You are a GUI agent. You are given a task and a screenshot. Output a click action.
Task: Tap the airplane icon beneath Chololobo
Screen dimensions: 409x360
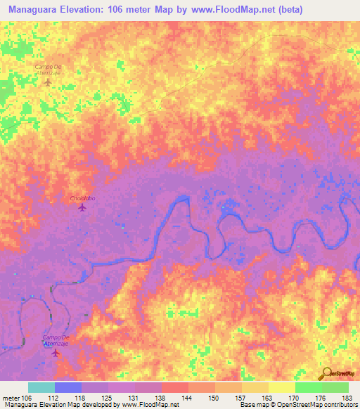tap(82, 207)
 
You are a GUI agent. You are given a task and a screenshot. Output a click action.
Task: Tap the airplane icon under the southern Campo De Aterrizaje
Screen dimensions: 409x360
tap(57, 352)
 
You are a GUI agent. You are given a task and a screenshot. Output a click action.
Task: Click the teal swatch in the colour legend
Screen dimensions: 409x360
tap(41, 387)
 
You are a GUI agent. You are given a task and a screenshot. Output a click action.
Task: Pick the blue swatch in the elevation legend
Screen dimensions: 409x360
tap(68, 387)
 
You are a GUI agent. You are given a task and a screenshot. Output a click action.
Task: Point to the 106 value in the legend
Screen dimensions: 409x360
tap(27, 397)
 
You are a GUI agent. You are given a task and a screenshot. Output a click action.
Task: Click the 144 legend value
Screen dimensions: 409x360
tap(186, 397)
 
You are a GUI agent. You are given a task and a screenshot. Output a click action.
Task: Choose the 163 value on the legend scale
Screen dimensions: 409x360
tap(265, 397)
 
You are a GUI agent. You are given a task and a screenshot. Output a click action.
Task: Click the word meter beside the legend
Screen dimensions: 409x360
tap(11, 397)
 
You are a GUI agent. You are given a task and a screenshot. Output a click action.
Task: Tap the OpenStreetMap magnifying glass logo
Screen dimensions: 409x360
tap(326, 373)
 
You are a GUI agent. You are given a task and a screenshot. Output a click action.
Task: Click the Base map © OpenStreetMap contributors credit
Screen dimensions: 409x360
tap(297, 405)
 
